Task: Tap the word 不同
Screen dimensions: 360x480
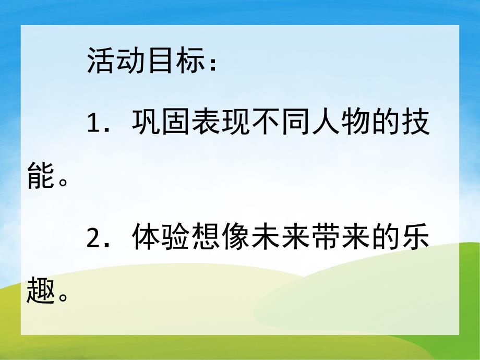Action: coord(281,123)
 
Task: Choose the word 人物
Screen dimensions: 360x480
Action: coord(341,123)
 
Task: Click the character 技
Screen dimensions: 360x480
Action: coord(415,123)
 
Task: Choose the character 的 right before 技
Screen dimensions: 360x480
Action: coord(386,123)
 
